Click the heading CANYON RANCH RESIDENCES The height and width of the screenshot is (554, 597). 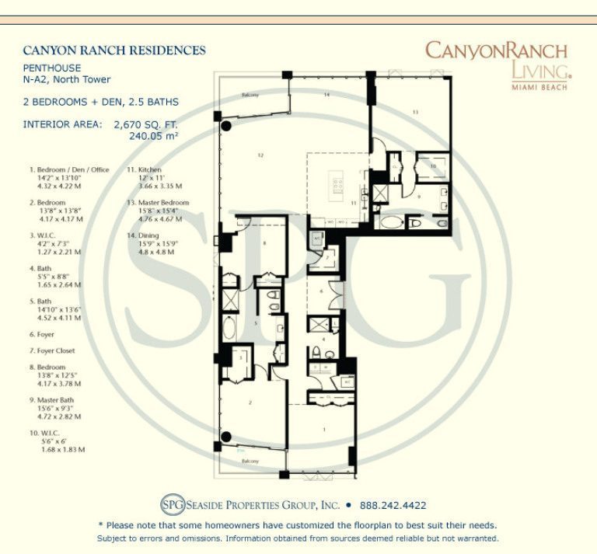114,51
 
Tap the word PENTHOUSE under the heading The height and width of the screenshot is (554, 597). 52,68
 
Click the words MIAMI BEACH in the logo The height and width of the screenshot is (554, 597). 539,87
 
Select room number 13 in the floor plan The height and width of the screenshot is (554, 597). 415,113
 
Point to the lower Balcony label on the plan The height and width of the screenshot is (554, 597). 249,462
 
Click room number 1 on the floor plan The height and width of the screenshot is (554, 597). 325,430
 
